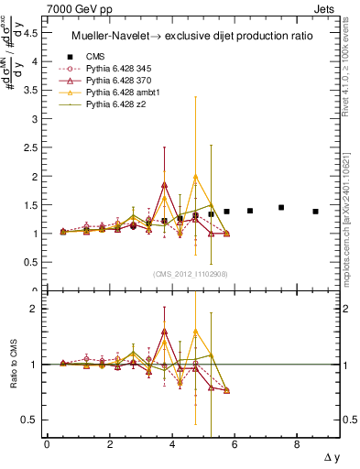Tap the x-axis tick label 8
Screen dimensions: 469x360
click(x=297, y=444)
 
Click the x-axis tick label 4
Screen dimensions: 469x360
click(x=172, y=444)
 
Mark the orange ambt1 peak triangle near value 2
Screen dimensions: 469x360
click(x=195, y=177)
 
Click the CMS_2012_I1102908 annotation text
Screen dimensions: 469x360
click(x=191, y=274)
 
